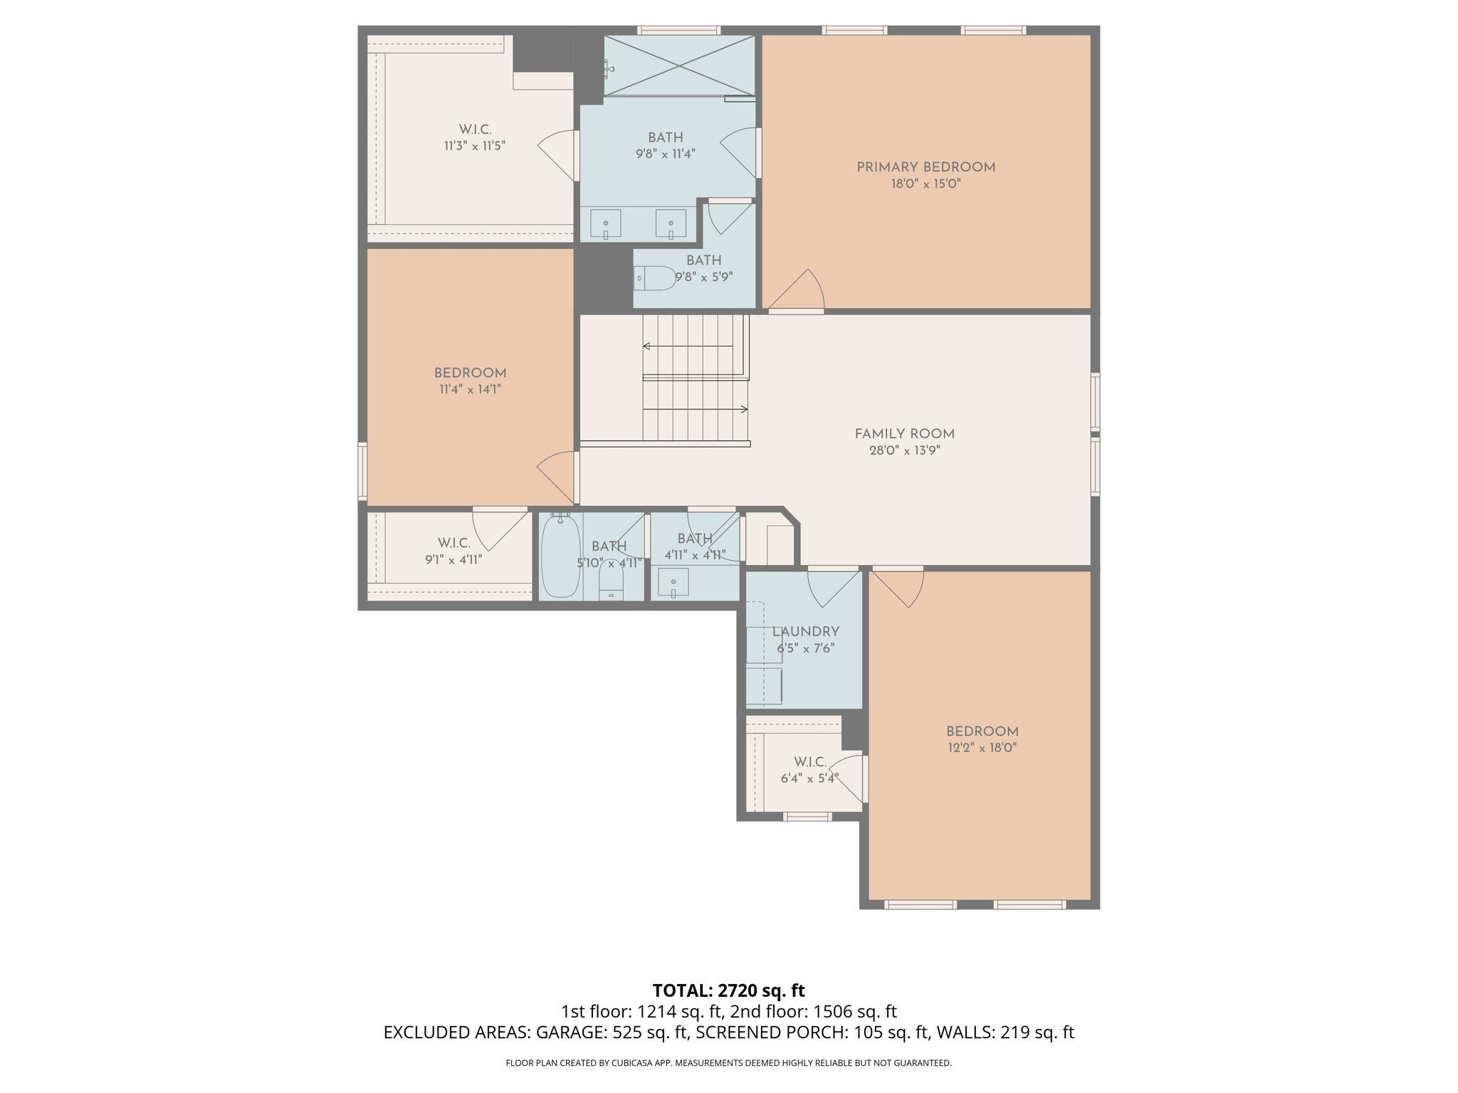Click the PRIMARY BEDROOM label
tap(925, 167)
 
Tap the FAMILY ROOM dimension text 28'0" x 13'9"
tap(904, 450)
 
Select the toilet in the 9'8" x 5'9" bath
tap(655, 278)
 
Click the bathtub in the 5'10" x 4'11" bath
tap(561, 556)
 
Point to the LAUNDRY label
tap(806, 632)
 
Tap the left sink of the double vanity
tap(606, 224)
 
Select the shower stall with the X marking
tap(679, 65)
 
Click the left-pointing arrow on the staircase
tap(647, 347)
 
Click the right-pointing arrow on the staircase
tap(743, 409)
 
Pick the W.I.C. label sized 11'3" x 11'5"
tap(475, 130)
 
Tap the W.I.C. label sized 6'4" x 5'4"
tap(810, 762)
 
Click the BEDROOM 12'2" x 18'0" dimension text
tap(982, 748)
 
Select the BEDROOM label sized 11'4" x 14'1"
tap(470, 374)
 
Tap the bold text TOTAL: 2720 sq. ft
tap(728, 991)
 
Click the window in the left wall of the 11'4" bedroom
tap(362, 471)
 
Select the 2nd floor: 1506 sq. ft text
tap(813, 1012)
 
